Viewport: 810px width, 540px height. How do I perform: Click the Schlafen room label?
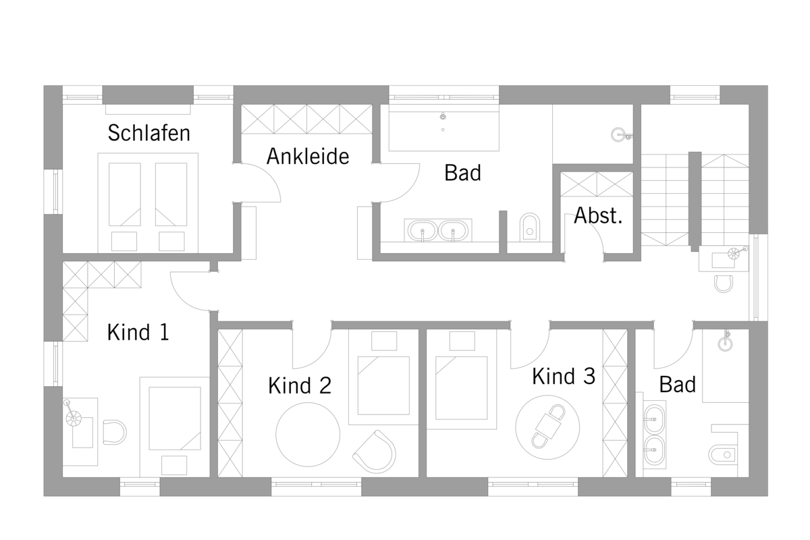click(148, 133)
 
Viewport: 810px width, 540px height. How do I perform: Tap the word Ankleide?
click(308, 156)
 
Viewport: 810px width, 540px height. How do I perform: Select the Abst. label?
click(598, 215)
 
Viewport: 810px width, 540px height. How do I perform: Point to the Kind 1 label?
click(138, 332)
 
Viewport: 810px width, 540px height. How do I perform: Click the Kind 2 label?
click(300, 385)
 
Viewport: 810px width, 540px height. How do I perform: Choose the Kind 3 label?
click(564, 376)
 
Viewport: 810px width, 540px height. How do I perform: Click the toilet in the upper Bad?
click(530, 227)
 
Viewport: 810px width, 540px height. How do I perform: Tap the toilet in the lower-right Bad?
click(722, 455)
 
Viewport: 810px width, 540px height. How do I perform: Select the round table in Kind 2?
click(308, 435)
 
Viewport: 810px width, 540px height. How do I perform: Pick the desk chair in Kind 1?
click(115, 432)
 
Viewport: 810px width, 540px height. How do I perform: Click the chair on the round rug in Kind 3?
click(548, 426)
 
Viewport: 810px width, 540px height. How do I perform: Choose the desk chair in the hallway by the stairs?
click(724, 284)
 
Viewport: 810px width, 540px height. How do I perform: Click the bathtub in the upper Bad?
click(444, 128)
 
